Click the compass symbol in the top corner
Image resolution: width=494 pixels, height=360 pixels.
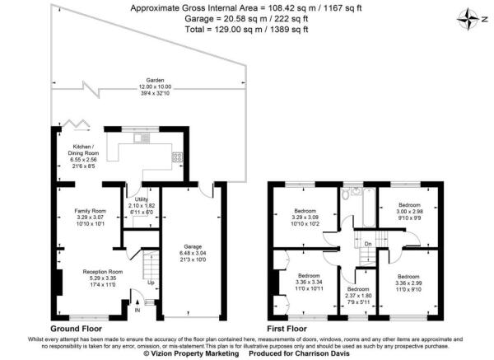click(470, 17)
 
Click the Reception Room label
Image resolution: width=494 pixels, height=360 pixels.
click(103, 271)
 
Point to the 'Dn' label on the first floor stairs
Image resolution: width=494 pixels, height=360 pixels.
click(368, 243)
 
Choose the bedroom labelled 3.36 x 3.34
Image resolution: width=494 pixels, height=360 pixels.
click(309, 279)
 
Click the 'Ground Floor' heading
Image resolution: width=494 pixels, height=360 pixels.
click(76, 326)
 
